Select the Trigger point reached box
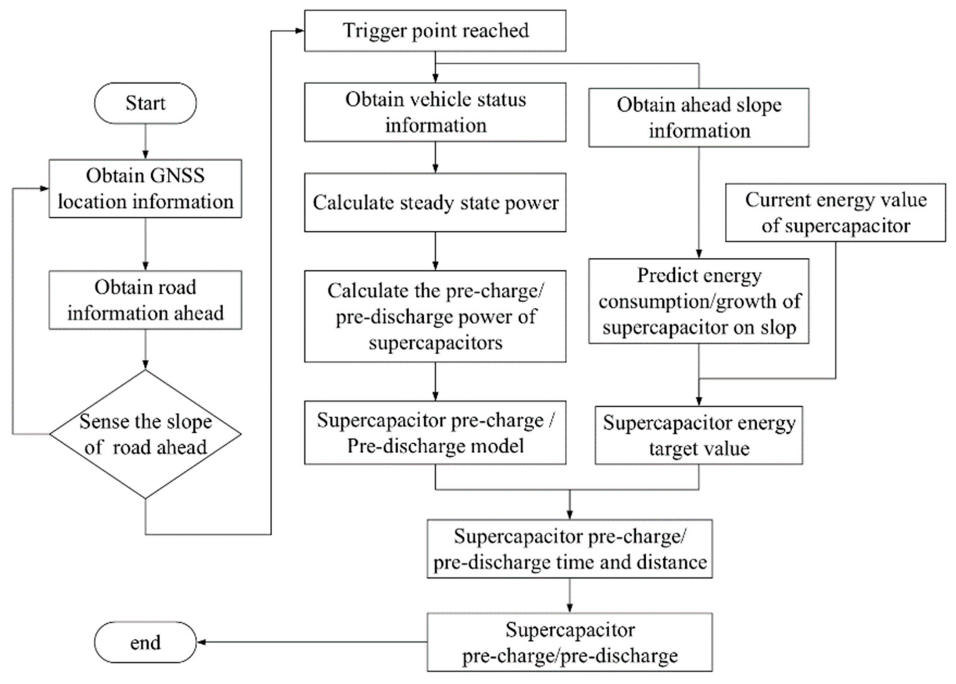[435, 31]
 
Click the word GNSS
[177, 176]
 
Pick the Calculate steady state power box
[435, 203]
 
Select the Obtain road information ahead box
[145, 300]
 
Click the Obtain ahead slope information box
[698, 118]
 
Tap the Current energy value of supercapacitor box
[835, 213]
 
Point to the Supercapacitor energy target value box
[698, 435]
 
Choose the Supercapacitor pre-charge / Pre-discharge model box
[435, 433]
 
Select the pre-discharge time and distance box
[569, 548]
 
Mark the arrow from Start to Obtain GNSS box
[145, 141]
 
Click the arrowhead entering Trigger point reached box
[300, 31]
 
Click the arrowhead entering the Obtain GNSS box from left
[44, 189]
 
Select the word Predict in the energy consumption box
[662, 276]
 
